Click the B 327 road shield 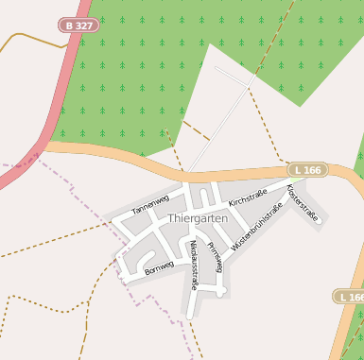click(x=78, y=26)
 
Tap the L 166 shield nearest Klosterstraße click(x=307, y=170)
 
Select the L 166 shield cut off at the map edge click(x=351, y=297)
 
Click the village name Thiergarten click(x=198, y=218)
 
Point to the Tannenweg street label click(x=150, y=205)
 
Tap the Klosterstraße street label click(x=303, y=202)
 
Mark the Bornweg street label click(x=159, y=268)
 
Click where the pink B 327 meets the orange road click(x=45, y=145)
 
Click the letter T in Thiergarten click(x=171, y=218)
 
